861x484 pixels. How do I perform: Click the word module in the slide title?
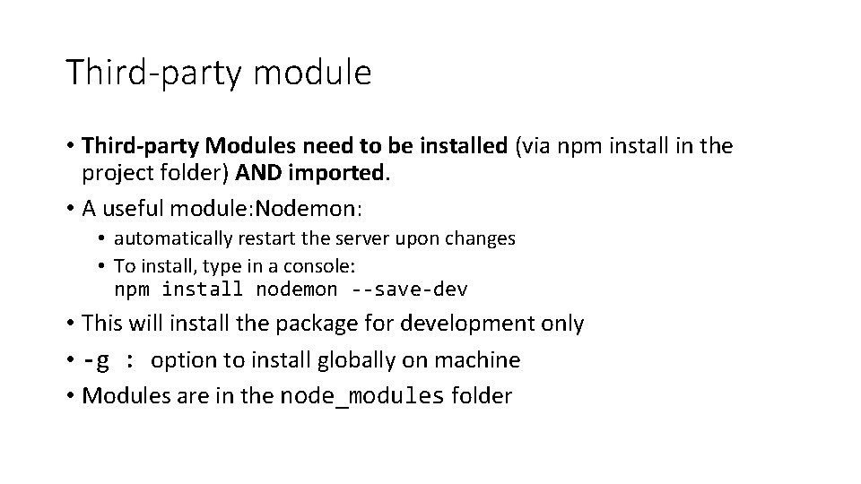(x=312, y=73)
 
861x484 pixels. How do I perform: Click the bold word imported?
(x=343, y=171)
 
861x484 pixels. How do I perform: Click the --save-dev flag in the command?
(x=410, y=290)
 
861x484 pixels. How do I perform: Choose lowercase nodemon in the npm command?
(x=297, y=290)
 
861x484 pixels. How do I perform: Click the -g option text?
(x=96, y=360)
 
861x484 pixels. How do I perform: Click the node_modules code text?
(x=361, y=396)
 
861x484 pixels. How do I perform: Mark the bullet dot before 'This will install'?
(x=69, y=324)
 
